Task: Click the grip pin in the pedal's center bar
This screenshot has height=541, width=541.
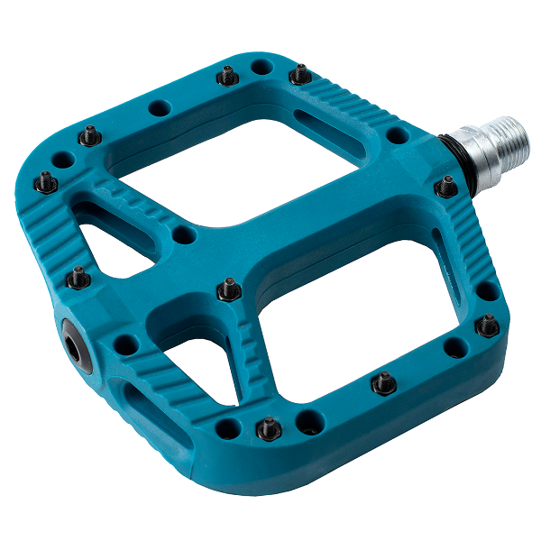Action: coord(230,289)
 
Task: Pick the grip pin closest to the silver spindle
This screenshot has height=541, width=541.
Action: coord(446,187)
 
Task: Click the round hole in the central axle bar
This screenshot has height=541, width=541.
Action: coord(183,235)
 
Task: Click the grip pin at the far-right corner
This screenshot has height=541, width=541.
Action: coord(488,325)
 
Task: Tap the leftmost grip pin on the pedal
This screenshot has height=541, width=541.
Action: coord(44,182)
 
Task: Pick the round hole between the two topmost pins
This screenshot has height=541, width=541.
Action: coord(261,67)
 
